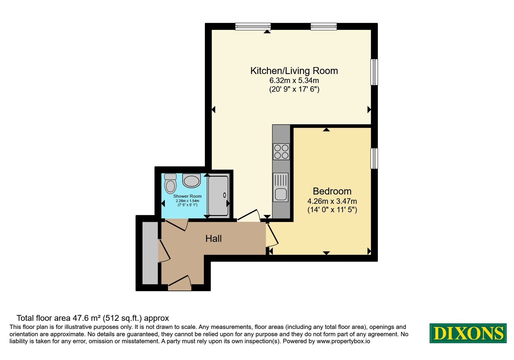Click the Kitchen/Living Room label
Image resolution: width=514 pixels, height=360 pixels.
tap(294, 71)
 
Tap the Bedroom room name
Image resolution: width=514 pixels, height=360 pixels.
tap(332, 191)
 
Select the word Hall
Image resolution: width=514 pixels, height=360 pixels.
tap(213, 239)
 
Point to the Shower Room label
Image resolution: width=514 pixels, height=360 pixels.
tap(187, 196)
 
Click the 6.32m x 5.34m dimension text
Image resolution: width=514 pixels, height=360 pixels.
tap(294, 81)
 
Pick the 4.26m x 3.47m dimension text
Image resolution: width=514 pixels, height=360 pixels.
tap(332, 201)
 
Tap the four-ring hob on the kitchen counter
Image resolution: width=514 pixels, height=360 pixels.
tap(281, 151)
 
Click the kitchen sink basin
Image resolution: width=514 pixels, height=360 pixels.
tap(281, 194)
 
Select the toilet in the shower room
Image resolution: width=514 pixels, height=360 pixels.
tap(170, 183)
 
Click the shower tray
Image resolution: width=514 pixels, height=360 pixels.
tap(218, 196)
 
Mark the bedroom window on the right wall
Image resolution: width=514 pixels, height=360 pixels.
tap(374, 158)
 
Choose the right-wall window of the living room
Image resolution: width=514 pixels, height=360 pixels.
tap(374, 72)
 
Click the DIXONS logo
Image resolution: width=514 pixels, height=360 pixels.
tap(468, 333)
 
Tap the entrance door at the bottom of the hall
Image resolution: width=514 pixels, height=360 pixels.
tap(180, 283)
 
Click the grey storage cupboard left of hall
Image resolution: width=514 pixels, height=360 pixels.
tap(150, 253)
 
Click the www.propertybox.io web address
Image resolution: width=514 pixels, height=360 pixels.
tap(343, 341)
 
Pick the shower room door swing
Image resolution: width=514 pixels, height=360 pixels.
tap(176, 225)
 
